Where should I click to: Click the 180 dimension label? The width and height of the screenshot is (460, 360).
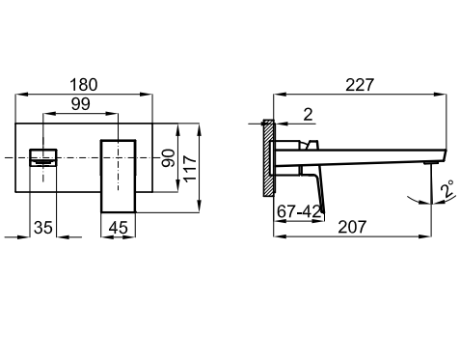tap(83, 85)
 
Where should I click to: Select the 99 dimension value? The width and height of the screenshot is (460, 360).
tap(81, 104)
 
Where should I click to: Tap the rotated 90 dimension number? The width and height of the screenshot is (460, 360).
tap(169, 158)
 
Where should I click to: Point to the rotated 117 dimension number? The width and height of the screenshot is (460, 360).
tap(190, 169)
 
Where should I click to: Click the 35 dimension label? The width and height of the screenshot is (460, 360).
tap(43, 228)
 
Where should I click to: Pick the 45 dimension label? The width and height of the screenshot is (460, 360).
tap(118, 228)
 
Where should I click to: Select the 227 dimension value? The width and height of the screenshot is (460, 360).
tap(360, 85)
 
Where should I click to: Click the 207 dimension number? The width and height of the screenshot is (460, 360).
tap(352, 227)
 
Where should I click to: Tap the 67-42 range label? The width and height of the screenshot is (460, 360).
tap(299, 211)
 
